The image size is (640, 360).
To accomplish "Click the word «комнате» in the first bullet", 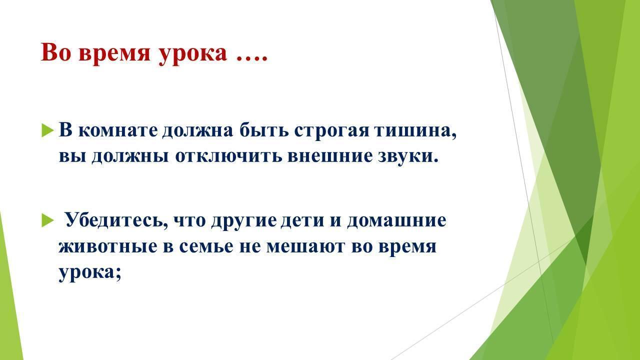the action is (x=117, y=130).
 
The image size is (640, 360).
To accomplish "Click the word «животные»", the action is (x=107, y=246).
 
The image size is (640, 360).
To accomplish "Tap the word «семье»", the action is (x=206, y=246).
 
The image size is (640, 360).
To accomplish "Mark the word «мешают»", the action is (x=305, y=246).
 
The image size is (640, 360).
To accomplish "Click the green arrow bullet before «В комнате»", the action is (x=47, y=130).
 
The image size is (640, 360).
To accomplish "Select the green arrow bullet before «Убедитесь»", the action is (x=47, y=220).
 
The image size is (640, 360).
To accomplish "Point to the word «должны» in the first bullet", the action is (x=130, y=157).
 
